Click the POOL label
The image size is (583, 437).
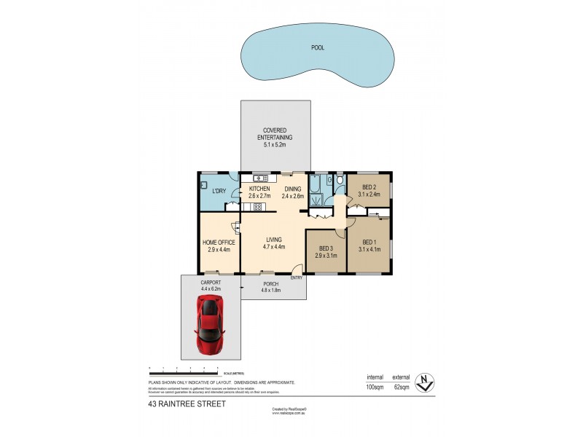click(318, 47)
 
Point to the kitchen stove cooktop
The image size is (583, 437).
click(257, 206)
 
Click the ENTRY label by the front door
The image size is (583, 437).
click(297, 278)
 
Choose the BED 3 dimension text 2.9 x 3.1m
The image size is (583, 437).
click(326, 256)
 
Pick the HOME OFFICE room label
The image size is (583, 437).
click(219, 243)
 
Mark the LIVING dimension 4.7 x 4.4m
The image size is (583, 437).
click(273, 247)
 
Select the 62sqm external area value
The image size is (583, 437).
click(402, 387)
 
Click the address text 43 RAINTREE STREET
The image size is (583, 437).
click(186, 403)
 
